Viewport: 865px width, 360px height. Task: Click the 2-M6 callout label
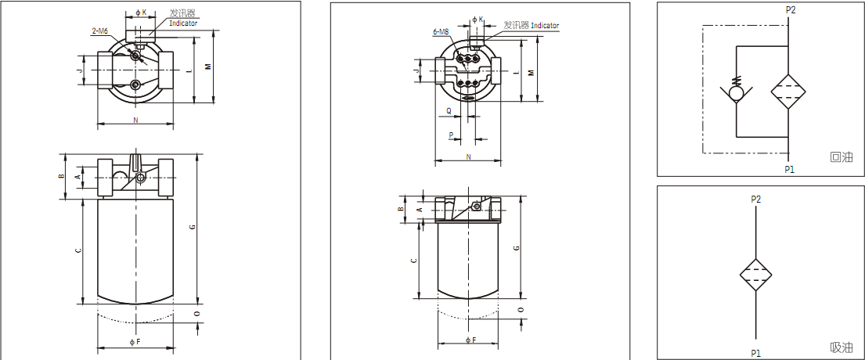[x=99, y=31]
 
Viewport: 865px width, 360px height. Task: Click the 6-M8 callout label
[x=442, y=32]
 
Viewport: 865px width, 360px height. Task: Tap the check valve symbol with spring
[x=736, y=92]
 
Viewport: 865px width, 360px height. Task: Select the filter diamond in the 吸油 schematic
[x=755, y=275]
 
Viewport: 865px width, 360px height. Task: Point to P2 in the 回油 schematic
[x=790, y=9]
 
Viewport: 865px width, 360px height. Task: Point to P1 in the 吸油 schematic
[x=755, y=353]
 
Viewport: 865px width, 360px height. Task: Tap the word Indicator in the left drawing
[x=183, y=23]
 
